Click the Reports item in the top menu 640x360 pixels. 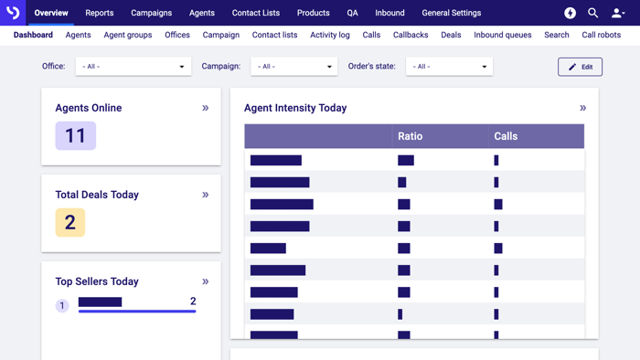coord(100,13)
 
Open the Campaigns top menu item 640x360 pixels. coord(151,13)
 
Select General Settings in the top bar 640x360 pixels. coord(451,13)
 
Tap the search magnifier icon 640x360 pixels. coord(592,13)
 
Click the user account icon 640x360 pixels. coord(618,13)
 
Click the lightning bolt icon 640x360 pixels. coord(570,13)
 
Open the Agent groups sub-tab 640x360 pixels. coord(128,35)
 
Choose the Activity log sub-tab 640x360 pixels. coord(330,35)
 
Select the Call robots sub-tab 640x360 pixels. coord(602,35)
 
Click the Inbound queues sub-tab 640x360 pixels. coord(502,35)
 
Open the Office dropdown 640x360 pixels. coord(133,67)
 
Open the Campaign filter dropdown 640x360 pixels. coord(293,67)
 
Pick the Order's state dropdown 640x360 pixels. coord(449,67)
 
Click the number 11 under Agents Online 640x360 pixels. coord(75,136)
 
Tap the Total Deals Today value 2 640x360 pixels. coord(69,223)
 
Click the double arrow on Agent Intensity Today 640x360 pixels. coord(582,108)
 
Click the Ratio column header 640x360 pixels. coord(411,136)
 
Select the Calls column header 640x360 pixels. coord(506,136)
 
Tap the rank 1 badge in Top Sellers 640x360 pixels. coord(62,306)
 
